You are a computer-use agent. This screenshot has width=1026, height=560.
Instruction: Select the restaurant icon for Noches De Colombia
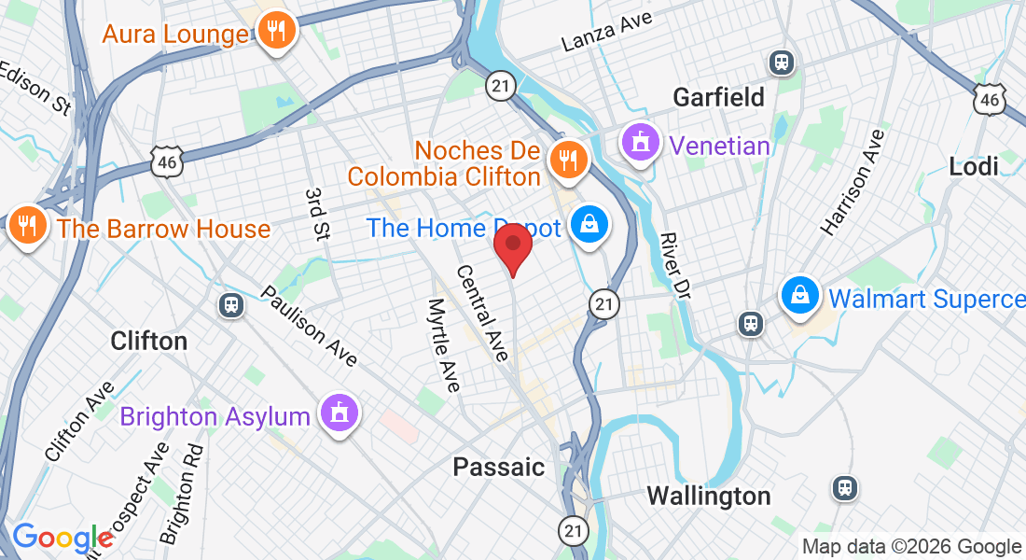(566, 161)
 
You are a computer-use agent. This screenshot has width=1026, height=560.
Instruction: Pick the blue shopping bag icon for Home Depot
(589, 225)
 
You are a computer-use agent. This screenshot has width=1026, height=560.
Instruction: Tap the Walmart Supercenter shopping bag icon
(800, 296)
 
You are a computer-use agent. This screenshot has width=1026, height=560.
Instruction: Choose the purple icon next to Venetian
(641, 144)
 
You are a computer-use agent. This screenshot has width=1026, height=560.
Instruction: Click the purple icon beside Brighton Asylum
(337, 413)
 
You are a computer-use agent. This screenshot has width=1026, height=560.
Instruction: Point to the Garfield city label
(718, 97)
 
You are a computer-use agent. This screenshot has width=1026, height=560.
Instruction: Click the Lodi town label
(973, 167)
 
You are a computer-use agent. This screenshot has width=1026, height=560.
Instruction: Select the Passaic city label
(498, 467)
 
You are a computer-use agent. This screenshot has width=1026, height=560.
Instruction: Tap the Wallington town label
(709, 496)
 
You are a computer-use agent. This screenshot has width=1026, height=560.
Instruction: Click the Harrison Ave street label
(852, 181)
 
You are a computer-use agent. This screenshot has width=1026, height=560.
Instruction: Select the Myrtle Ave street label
(444, 344)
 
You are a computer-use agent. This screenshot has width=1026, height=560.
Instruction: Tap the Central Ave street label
(482, 313)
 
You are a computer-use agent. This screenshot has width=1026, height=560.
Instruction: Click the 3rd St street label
(317, 214)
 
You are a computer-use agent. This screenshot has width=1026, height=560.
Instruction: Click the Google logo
(62, 539)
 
